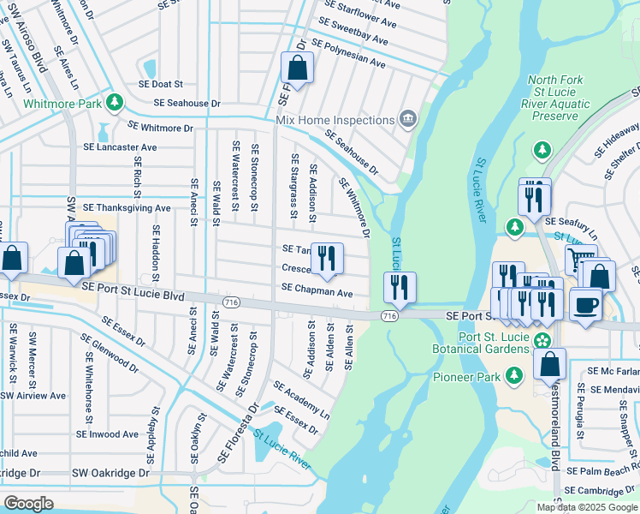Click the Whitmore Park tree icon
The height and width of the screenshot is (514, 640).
click(115, 103)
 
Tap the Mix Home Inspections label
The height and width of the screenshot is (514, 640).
click(335, 120)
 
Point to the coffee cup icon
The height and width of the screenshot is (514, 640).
click(585, 304)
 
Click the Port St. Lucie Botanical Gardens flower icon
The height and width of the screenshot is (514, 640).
click(542, 341)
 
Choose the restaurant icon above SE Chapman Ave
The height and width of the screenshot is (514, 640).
click(326, 258)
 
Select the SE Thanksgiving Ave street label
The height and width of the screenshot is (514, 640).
click(127, 207)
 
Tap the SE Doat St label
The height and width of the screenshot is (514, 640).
click(161, 84)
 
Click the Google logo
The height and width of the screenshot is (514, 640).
click(28, 503)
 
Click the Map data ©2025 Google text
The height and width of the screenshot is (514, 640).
click(586, 507)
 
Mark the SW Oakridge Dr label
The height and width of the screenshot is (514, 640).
click(110, 473)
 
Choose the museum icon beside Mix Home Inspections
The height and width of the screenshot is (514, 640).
click(408, 119)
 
